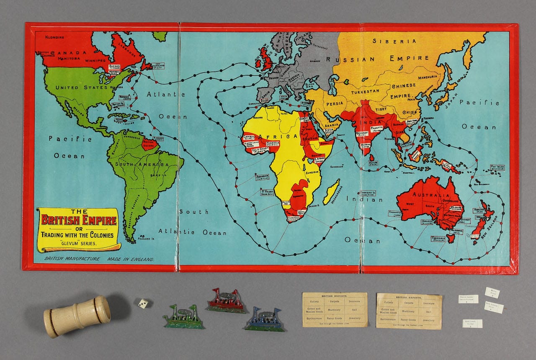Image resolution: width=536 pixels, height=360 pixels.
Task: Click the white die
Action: click(x=143, y=303)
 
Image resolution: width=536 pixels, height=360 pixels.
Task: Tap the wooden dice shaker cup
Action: click(x=77, y=316)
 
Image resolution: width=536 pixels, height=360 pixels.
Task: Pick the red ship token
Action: click(x=226, y=301)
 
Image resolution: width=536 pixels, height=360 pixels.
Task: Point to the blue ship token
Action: click(x=265, y=319)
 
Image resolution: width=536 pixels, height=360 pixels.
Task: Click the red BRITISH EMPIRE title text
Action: click(x=78, y=220)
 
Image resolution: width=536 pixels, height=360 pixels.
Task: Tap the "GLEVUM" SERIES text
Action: click(x=78, y=243)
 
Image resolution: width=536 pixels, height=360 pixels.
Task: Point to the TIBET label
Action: click(x=381, y=110)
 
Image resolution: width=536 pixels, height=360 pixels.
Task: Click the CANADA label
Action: click(x=69, y=53)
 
